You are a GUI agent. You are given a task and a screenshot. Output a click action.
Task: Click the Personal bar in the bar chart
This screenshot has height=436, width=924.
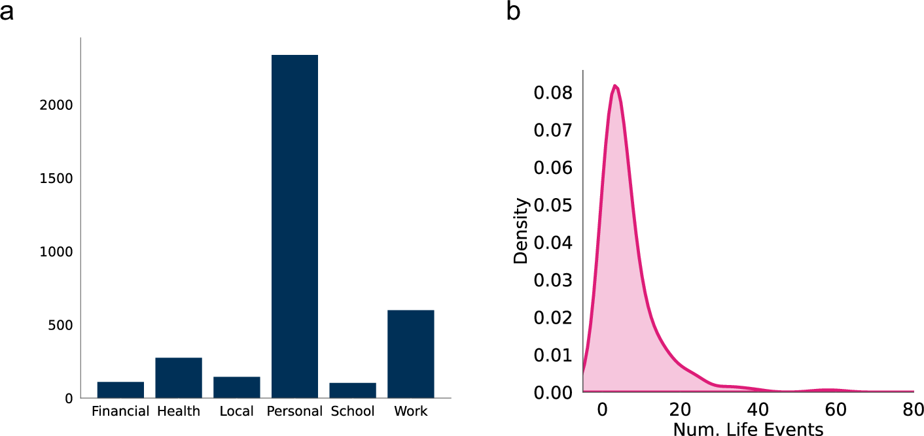(x=294, y=226)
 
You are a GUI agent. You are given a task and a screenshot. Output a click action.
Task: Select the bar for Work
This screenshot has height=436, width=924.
(x=410, y=354)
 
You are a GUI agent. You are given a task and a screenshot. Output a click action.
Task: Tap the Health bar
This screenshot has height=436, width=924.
(x=179, y=378)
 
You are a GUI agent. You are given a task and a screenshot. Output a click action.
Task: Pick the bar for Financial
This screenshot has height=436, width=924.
(x=120, y=390)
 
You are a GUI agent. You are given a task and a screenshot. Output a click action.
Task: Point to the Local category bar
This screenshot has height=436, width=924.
(x=236, y=387)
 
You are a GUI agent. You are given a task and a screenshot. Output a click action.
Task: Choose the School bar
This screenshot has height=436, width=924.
(x=353, y=390)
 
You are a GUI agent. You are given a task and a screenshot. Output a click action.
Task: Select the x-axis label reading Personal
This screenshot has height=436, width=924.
(x=294, y=412)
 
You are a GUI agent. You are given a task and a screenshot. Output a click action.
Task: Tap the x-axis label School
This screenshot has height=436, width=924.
(x=353, y=412)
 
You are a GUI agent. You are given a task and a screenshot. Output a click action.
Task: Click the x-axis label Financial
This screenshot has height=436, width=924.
(x=120, y=412)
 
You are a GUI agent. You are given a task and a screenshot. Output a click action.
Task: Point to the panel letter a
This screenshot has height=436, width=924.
(x=7, y=11)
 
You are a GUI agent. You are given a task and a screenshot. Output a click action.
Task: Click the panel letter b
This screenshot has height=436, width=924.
(x=514, y=11)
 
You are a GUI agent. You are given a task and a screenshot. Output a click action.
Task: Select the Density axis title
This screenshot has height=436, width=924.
(x=520, y=231)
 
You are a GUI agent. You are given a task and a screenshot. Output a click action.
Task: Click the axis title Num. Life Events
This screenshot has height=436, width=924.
(x=748, y=428)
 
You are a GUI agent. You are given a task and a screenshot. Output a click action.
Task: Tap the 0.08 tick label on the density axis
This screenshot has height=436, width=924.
(x=553, y=93)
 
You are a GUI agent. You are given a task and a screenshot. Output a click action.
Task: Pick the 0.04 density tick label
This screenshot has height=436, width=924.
(x=553, y=243)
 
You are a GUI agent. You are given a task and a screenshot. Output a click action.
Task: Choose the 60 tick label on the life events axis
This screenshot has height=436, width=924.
(x=836, y=411)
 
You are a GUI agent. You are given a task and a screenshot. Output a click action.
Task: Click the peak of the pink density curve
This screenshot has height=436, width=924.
(x=615, y=86)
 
